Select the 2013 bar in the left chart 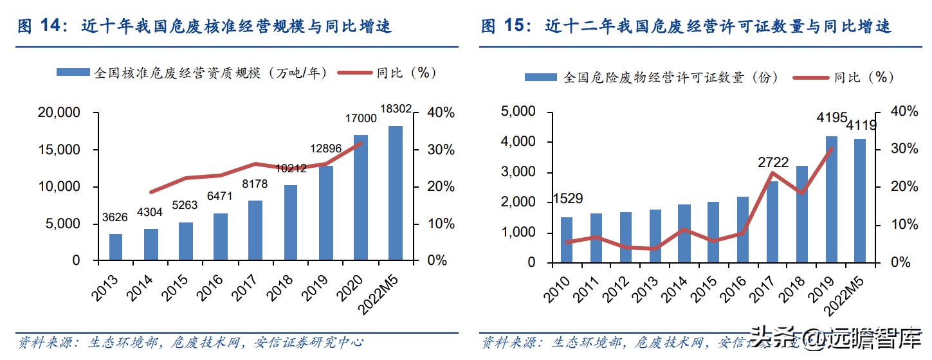pyautogui.click(x=116, y=247)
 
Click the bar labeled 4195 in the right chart pyautogui.click(x=832, y=199)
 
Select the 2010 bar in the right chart pyautogui.click(x=566, y=240)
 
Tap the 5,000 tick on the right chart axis pyautogui.click(x=518, y=112)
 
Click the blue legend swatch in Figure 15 pyautogui.click(x=541, y=78)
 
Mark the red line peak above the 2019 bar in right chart pyautogui.click(x=832, y=149)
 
